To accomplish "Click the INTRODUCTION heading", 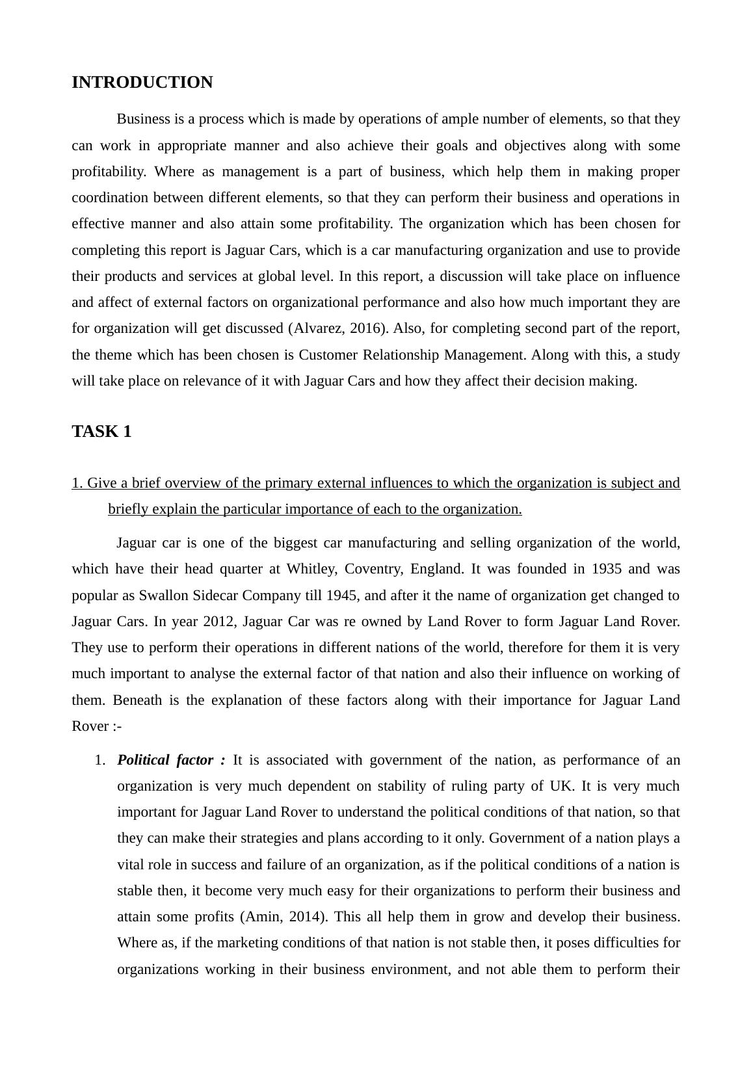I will [142, 83].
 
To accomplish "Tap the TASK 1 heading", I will [101, 432].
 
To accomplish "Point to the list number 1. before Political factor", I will [99, 760].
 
